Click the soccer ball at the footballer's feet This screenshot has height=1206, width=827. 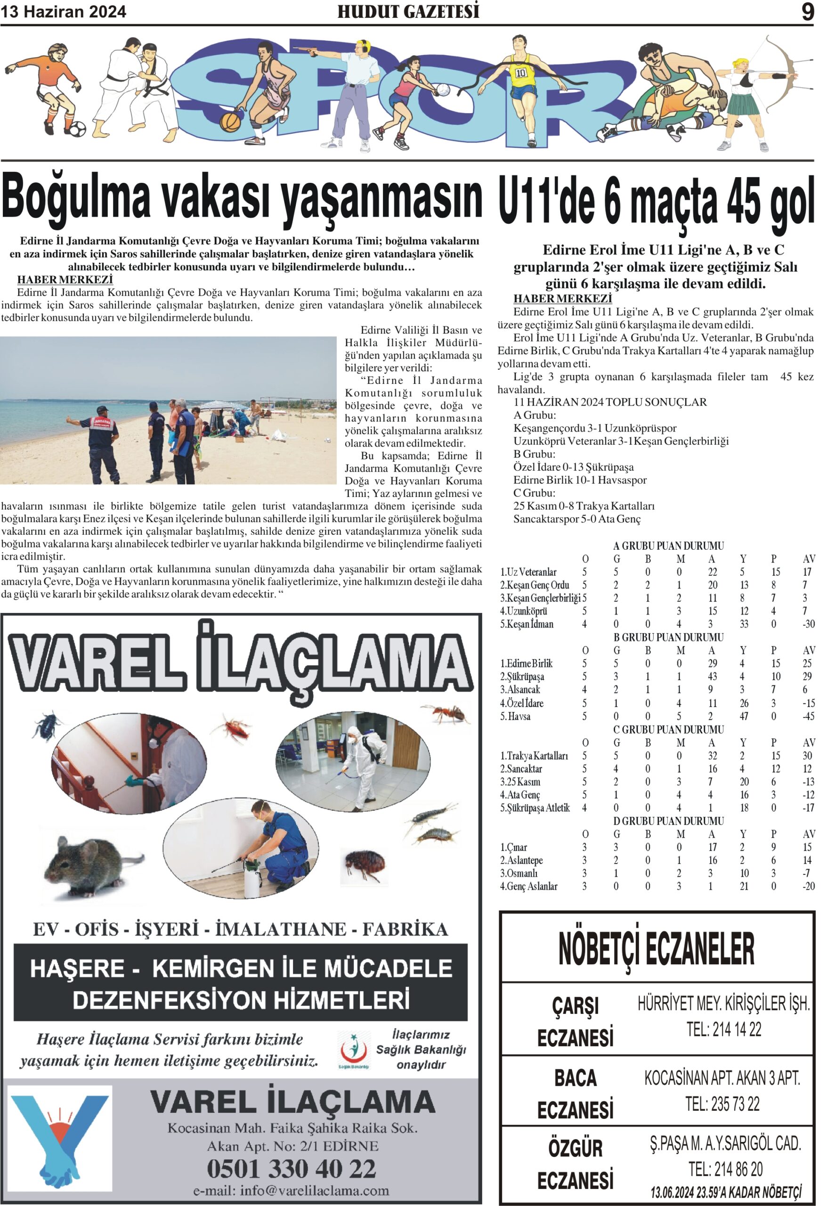tap(78, 129)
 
